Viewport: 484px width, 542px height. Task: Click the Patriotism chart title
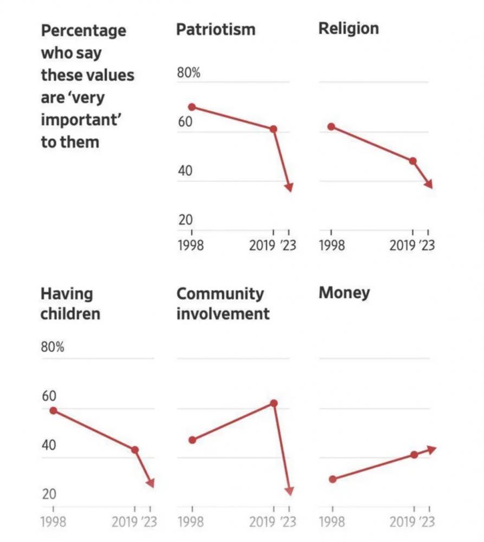216,29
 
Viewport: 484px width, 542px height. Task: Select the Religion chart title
349,28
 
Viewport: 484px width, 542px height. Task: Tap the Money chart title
344,293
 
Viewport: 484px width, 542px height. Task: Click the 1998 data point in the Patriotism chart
192,107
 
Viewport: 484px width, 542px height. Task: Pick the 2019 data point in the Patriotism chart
274,129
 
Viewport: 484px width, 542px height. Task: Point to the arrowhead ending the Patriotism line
289,187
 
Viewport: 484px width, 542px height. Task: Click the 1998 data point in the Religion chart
331,127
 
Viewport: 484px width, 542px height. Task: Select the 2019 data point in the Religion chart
413,161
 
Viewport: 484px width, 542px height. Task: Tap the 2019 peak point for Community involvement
274,403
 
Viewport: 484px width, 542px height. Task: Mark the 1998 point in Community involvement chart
192,440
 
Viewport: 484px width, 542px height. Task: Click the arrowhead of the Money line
432,449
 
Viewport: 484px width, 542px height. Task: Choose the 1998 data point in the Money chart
332,479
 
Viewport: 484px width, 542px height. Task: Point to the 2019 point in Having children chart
135,450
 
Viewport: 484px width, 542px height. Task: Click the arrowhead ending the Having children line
151,483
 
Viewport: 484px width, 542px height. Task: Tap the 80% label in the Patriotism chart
189,73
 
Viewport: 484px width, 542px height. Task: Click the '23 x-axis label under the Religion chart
427,246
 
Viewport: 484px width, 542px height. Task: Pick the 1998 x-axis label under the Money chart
332,522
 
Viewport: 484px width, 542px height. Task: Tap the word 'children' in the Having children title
70,314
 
